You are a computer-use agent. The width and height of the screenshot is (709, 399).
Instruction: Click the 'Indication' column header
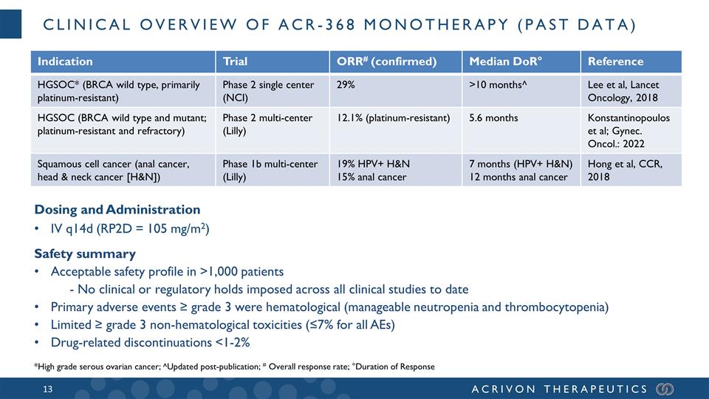[x=66, y=61]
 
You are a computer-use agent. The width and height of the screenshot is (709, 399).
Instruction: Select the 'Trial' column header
[x=235, y=61]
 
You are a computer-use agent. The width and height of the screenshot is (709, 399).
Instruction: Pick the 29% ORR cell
[x=345, y=85]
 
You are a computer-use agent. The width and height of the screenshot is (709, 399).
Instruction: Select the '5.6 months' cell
[x=493, y=118]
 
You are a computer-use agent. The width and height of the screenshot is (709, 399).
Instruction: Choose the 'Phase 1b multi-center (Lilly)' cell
[x=270, y=171]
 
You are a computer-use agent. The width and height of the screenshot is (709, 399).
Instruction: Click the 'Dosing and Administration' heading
[x=117, y=210]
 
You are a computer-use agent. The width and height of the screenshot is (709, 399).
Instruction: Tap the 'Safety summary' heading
[x=84, y=254]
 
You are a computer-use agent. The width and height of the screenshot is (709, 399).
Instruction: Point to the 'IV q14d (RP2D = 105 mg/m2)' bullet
[x=130, y=229]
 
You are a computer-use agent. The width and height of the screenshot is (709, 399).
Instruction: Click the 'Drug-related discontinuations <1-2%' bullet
[x=150, y=342]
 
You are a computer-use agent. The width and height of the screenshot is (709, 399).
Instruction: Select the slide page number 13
[x=48, y=389]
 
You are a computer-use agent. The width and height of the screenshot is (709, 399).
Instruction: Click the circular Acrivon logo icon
[x=665, y=389]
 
